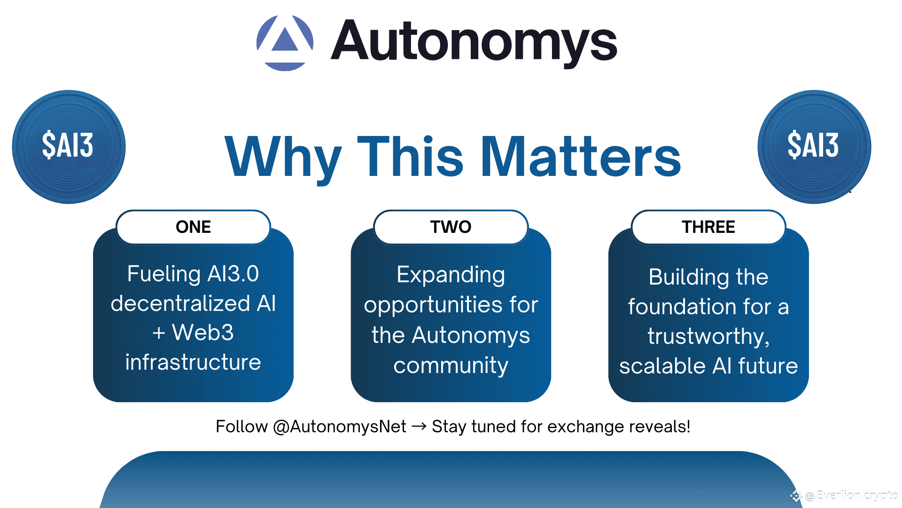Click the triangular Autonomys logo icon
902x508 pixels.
285,43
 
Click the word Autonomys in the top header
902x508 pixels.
474,42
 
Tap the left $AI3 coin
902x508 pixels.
69,147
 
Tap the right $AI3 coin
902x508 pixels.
814,147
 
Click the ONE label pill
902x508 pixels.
193,227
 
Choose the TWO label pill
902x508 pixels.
451,227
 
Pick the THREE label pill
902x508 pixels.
708,227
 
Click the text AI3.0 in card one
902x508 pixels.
233,274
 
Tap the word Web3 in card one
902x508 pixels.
202,333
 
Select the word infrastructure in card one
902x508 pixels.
193,362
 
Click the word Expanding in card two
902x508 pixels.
451,275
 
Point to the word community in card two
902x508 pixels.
451,365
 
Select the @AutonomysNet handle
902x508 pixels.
339,427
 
